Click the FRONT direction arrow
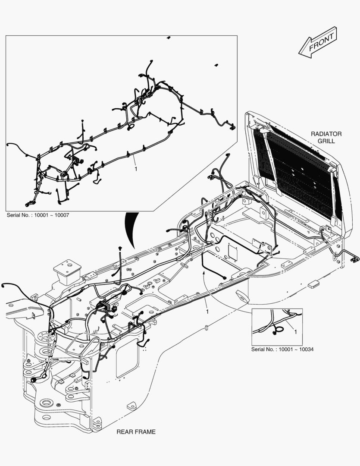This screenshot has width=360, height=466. click(318, 42)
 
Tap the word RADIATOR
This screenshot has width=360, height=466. click(326, 134)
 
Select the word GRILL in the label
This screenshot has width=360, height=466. click(326, 141)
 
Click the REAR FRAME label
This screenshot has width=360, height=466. click(136, 431)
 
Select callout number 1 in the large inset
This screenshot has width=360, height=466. click(136, 169)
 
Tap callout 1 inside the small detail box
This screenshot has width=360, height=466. click(295, 332)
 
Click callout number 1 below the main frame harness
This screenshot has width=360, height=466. click(207, 311)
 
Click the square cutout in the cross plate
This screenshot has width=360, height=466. click(233, 252)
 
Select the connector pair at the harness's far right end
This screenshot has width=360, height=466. click(355, 258)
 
